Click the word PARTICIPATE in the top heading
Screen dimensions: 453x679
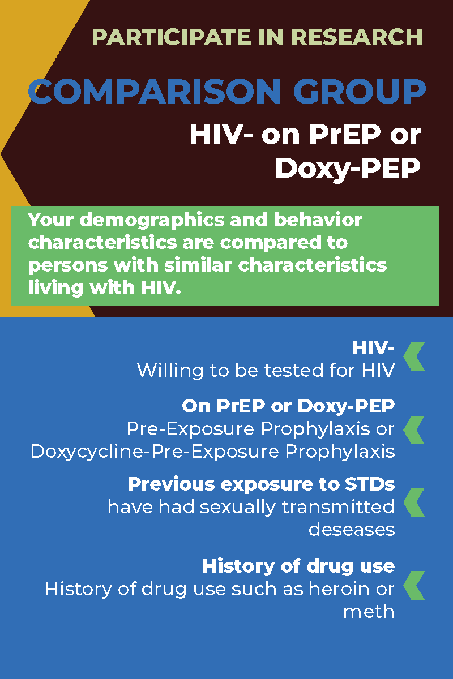(x=172, y=37)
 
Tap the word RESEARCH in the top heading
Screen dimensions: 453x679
(x=357, y=37)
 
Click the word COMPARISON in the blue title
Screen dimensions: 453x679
(x=155, y=91)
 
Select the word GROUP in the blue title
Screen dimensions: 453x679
(x=360, y=91)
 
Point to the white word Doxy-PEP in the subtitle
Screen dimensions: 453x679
(x=348, y=169)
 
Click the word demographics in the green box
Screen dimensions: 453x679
(x=152, y=221)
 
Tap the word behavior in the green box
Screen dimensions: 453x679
(x=318, y=220)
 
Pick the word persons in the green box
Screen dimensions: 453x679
(x=68, y=266)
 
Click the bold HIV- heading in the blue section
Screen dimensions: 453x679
(x=374, y=347)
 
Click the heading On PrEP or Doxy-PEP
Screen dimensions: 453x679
(x=288, y=406)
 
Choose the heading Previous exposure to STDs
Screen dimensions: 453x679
(x=261, y=484)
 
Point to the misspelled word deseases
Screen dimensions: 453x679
(x=352, y=530)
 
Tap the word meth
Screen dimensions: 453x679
(x=369, y=612)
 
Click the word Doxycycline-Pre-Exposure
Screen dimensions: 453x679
(x=155, y=452)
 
